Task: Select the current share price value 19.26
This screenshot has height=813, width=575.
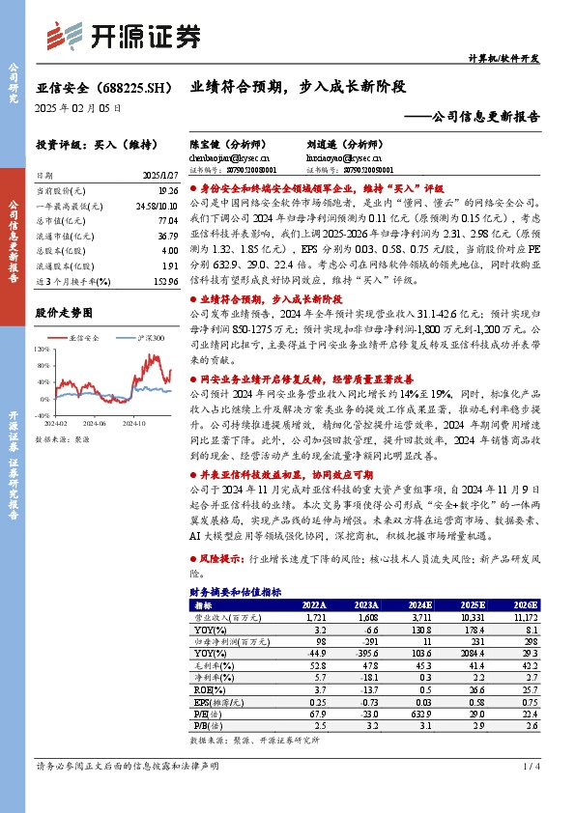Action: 168,192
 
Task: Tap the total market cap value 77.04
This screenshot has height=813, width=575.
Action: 168,220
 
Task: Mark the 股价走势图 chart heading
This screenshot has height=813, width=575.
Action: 64,313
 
